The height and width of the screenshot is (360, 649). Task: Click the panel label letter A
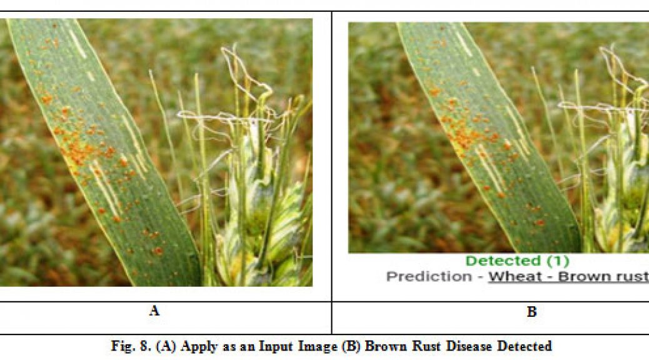[x=154, y=311]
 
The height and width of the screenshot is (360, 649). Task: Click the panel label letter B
[x=532, y=312]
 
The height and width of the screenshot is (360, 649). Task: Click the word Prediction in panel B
[x=429, y=276]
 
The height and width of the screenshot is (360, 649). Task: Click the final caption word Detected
[x=525, y=346]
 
